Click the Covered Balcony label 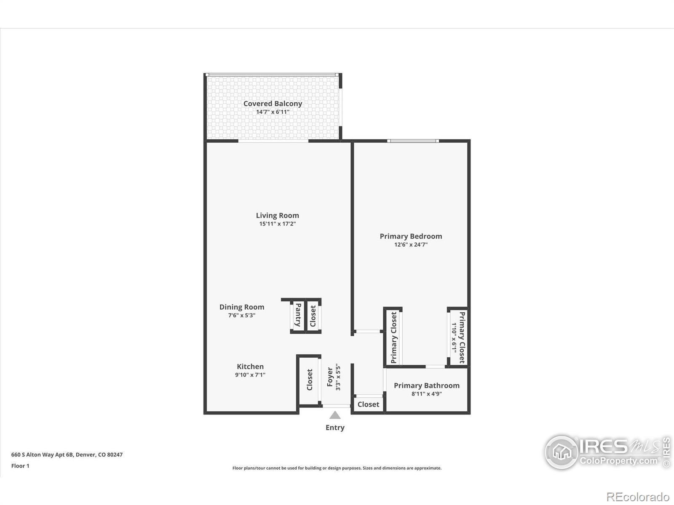tap(273, 104)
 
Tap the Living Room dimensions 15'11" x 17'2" tap(277, 224)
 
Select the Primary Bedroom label tap(411, 237)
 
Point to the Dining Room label tap(242, 307)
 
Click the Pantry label tap(298, 315)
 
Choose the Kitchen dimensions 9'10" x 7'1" tap(250, 375)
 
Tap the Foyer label tap(330, 377)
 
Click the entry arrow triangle tap(335, 415)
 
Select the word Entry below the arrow tap(335, 428)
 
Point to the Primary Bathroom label tap(426, 385)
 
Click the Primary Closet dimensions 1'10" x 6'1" tap(454, 338)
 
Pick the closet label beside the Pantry tap(313, 316)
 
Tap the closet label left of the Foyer tap(310, 380)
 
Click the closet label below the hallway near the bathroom tap(368, 404)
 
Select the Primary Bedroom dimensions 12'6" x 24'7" tap(411, 245)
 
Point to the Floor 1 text tap(20, 466)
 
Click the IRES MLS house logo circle tap(562, 452)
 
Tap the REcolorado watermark tap(638, 497)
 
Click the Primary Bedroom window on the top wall tap(413, 141)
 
